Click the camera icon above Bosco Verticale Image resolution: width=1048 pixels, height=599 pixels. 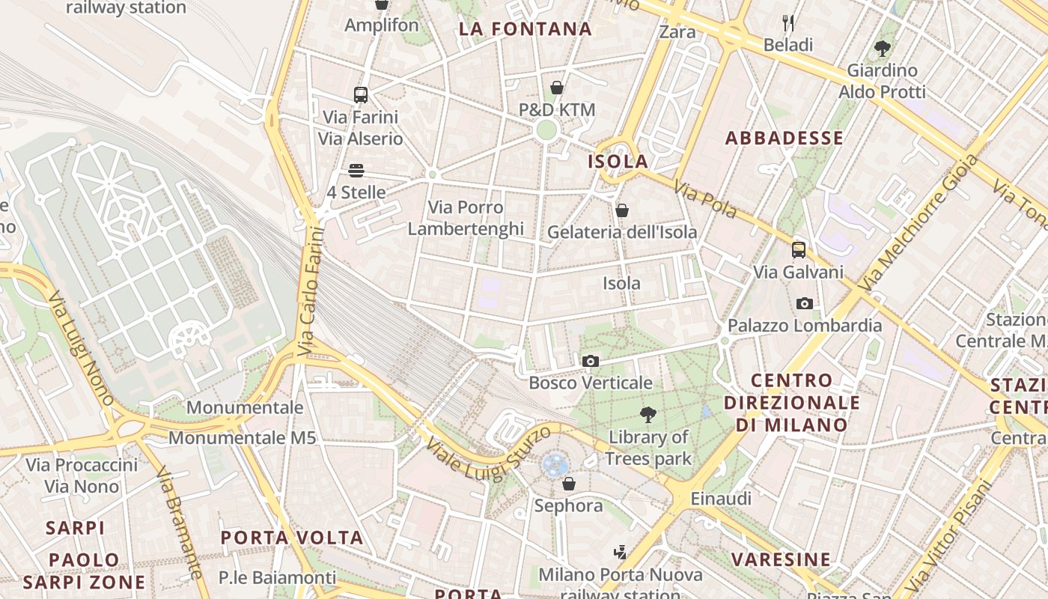[590, 362]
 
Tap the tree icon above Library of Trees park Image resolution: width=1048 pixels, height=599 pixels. [648, 414]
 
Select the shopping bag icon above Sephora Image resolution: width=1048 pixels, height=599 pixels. [569, 484]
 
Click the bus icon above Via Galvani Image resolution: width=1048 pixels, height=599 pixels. [799, 250]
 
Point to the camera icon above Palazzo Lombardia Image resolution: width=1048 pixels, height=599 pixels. [805, 303]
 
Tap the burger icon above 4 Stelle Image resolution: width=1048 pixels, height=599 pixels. [356, 171]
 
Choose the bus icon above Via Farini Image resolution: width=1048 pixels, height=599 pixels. [361, 95]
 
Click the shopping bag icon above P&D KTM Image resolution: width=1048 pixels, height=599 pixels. [557, 88]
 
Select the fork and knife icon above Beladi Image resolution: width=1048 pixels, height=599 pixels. [787, 23]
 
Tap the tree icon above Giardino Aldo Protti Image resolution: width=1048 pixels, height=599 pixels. [883, 49]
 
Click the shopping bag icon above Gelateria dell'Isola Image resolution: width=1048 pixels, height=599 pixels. [621, 211]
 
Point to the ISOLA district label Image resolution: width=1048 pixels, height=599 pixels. [618, 162]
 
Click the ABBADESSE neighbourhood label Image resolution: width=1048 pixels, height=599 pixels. [785, 138]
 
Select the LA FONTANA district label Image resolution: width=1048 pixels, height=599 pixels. [525, 29]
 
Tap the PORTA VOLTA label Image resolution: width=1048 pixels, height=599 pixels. [292, 538]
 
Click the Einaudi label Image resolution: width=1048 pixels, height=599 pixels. [721, 499]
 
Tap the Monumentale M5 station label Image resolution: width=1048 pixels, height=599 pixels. [242, 437]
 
